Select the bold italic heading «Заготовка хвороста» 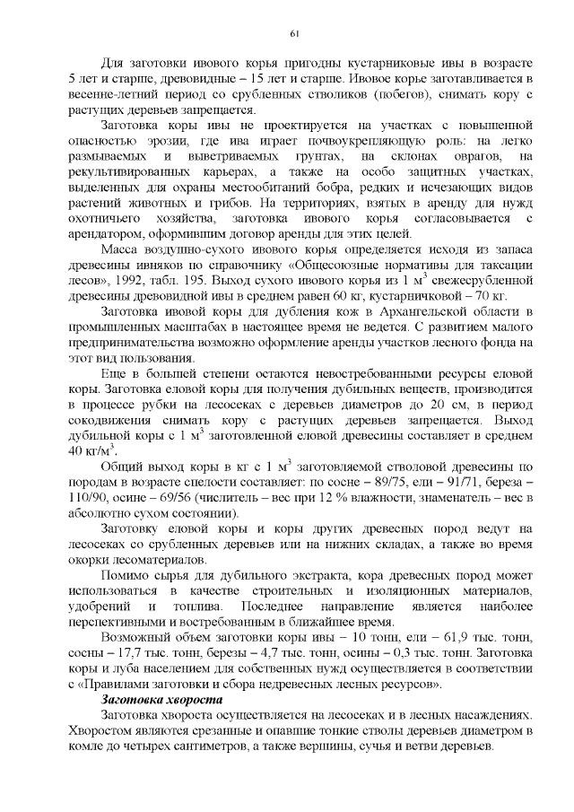tap(161, 700)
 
